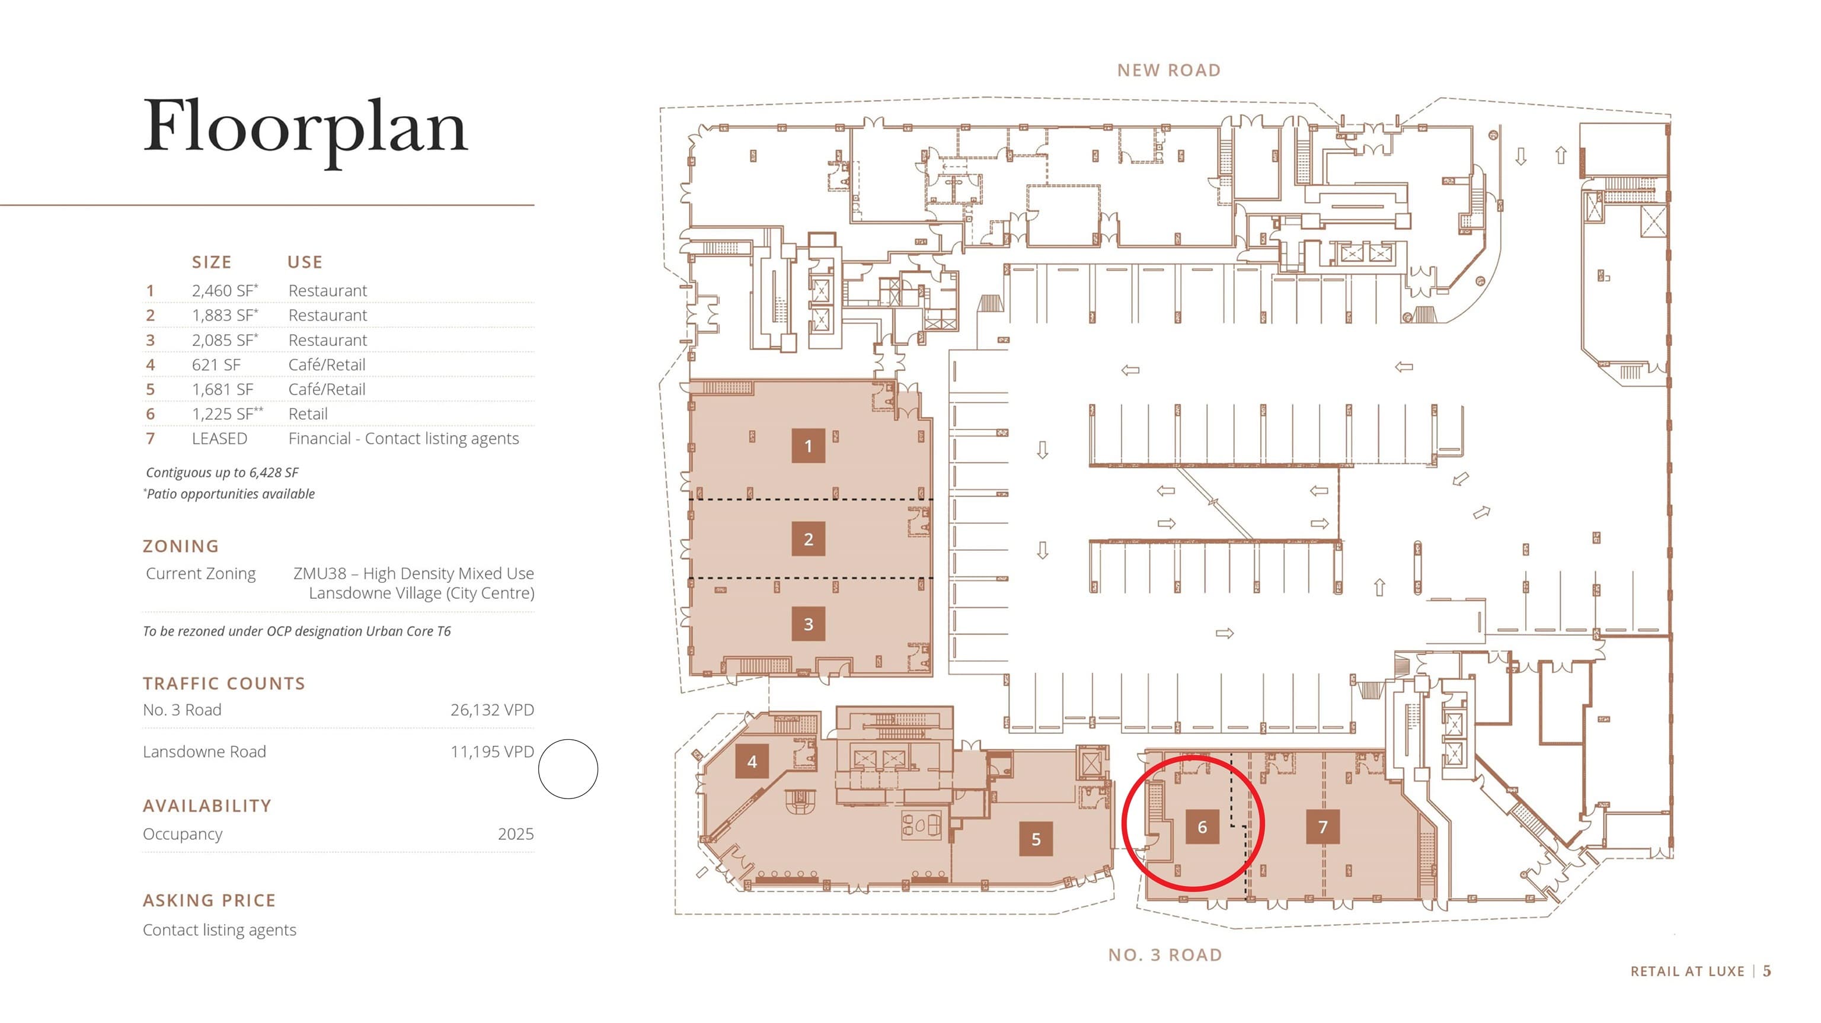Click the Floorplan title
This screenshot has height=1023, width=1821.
pyautogui.click(x=305, y=128)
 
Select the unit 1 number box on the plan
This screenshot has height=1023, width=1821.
pyautogui.click(x=808, y=446)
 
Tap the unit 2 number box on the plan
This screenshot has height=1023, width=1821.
pyautogui.click(x=808, y=539)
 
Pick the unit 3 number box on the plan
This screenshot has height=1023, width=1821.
pyautogui.click(x=808, y=624)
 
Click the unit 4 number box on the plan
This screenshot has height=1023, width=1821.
pyautogui.click(x=752, y=762)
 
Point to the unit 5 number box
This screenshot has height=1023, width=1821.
pyautogui.click(x=1036, y=839)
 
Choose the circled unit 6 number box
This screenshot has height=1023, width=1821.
pyautogui.click(x=1202, y=826)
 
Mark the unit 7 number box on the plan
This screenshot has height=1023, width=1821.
pyautogui.click(x=1322, y=826)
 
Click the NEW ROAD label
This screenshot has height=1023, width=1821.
pyautogui.click(x=1168, y=70)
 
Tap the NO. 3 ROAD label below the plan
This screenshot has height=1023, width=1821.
pyautogui.click(x=1165, y=955)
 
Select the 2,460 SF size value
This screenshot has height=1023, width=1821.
pyautogui.click(x=225, y=290)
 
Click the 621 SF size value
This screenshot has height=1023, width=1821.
pyautogui.click(x=216, y=364)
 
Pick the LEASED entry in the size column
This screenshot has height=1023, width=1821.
pyautogui.click(x=220, y=439)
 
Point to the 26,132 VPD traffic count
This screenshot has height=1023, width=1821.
pyautogui.click(x=492, y=710)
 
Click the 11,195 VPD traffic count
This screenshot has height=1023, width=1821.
pyautogui.click(x=492, y=752)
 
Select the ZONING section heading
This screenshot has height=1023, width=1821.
pyautogui.click(x=181, y=546)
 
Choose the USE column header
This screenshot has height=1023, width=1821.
pyautogui.click(x=305, y=262)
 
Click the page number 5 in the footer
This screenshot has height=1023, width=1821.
pyautogui.click(x=1766, y=971)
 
